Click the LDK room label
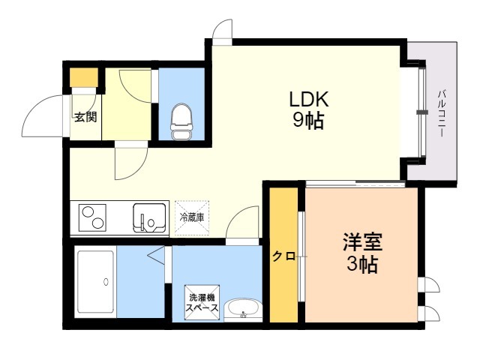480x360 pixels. point(308,100)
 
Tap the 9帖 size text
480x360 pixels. point(308,121)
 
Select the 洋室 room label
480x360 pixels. point(363,242)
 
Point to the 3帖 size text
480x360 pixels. point(363,264)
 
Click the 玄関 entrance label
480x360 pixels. point(84,117)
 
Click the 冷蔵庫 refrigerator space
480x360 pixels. point(192,217)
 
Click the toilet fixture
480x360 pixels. point(181,121)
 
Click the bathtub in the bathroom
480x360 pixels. point(95,283)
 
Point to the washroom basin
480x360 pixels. point(242,310)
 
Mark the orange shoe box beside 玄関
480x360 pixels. point(84,78)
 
